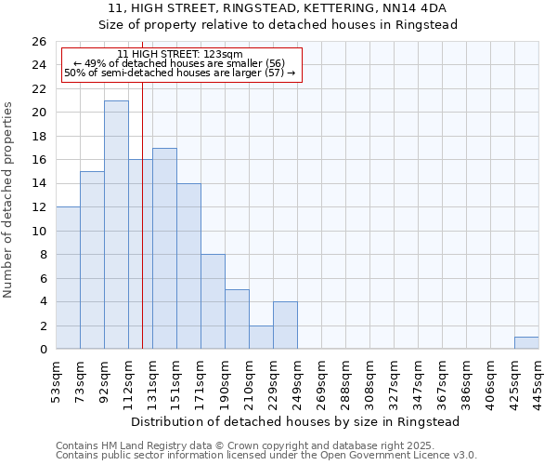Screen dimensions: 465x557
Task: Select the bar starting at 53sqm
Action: pos(68,278)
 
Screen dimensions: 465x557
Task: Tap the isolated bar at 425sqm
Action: pos(526,343)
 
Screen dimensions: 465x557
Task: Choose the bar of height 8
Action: pos(213,301)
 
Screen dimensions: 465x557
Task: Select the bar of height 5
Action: pos(237,319)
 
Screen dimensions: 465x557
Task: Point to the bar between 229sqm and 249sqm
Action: pos(285,325)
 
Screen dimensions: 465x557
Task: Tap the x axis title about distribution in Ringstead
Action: pos(296,421)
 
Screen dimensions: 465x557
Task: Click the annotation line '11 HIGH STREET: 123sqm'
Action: pos(181,55)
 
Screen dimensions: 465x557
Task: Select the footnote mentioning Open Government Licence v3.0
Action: pos(266,456)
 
